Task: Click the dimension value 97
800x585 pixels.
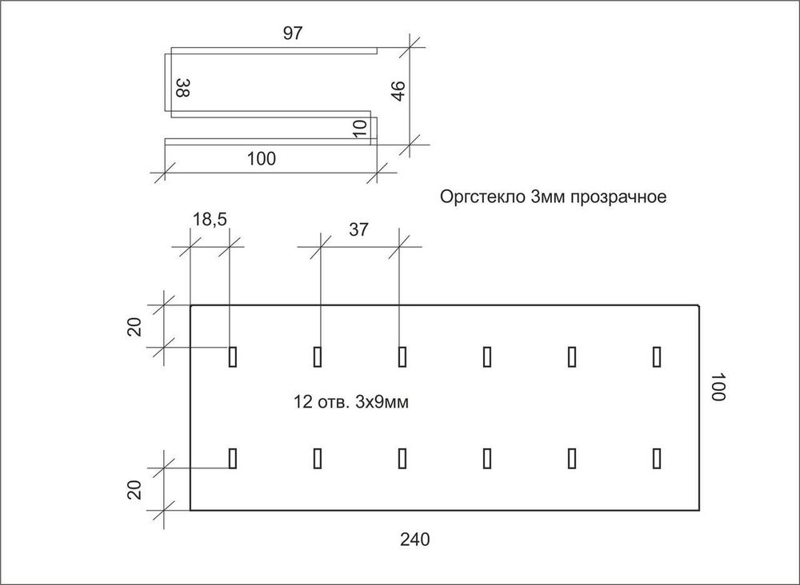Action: (x=292, y=33)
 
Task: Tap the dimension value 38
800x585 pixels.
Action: (x=182, y=87)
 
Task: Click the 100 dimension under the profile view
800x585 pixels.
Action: (x=262, y=158)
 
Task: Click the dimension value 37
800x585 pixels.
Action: (x=358, y=229)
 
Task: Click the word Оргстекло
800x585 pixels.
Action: (x=482, y=197)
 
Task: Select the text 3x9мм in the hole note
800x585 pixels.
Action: (x=383, y=402)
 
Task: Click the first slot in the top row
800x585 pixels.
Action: (x=233, y=356)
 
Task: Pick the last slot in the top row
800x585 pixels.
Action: (x=657, y=356)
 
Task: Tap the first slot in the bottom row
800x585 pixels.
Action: (x=233, y=457)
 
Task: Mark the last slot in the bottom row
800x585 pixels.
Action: (x=657, y=457)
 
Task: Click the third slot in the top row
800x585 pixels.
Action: (x=402, y=356)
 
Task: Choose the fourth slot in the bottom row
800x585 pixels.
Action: (x=487, y=457)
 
